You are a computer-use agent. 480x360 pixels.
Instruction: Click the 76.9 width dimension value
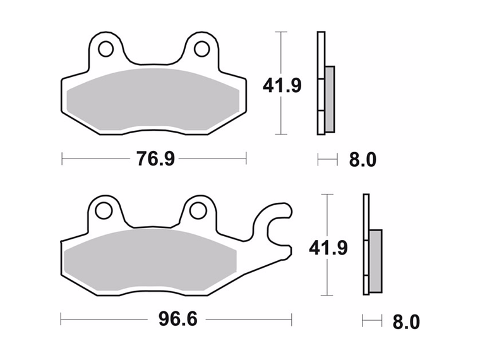point(155,159)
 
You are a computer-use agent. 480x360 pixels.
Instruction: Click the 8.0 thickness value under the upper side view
point(363,160)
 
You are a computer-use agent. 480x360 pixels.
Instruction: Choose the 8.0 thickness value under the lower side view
point(405,322)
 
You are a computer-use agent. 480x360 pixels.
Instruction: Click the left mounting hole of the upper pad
point(105,49)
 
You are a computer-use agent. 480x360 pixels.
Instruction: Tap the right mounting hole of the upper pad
point(201,49)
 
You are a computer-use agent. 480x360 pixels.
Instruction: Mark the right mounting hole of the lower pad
point(197,210)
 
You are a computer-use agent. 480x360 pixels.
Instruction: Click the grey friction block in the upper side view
point(330,98)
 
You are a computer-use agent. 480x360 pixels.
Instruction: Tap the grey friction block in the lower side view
point(375,260)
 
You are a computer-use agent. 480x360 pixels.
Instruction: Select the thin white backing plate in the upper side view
point(320,82)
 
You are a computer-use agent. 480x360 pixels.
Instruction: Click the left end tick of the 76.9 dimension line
point(62,159)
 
